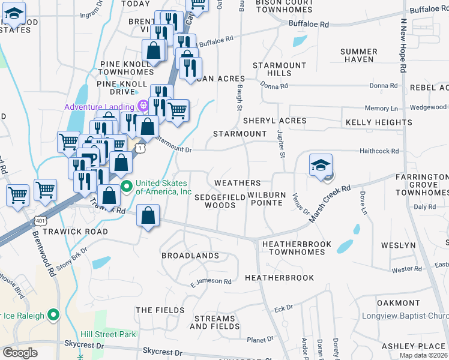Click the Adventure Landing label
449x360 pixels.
coord(100,107)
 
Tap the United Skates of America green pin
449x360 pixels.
coord(126,187)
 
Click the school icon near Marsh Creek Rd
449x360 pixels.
coord(321,166)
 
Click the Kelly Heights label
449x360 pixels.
coord(378,122)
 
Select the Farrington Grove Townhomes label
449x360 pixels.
coord(422,185)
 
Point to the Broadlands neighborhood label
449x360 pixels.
coord(190,256)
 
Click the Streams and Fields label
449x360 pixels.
coord(212,323)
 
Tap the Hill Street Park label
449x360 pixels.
coord(109,334)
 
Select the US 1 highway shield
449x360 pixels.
coord(140,147)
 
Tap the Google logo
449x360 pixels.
coord(20,353)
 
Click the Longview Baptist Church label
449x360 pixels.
coord(405,316)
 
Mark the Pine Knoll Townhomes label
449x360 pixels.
coord(127,68)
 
